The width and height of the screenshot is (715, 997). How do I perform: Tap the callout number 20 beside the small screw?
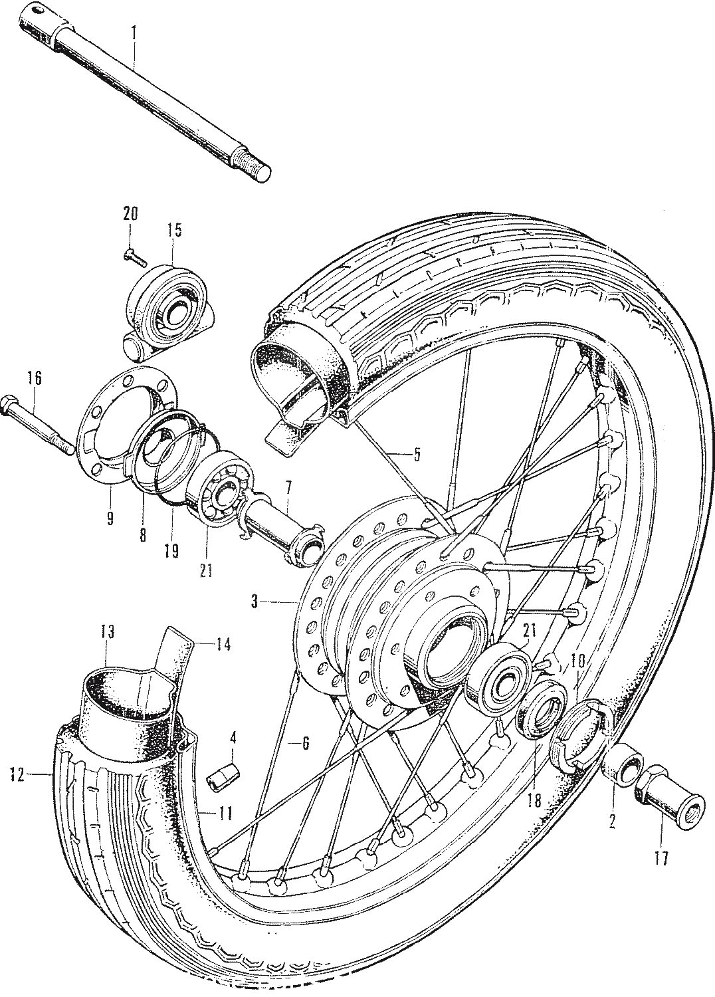[131, 215]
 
